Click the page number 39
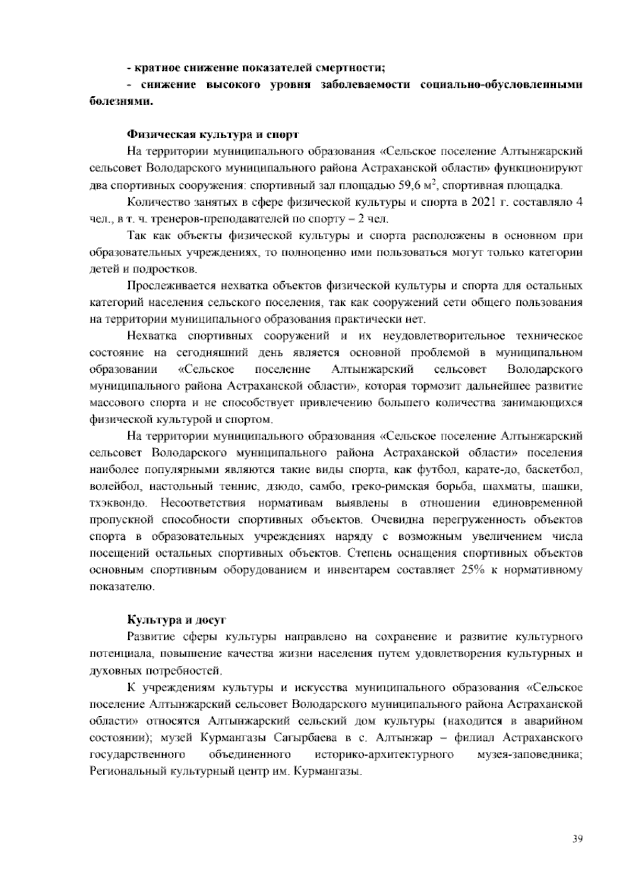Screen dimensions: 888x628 [x=577, y=839]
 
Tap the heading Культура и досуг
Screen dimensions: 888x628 [x=177, y=619]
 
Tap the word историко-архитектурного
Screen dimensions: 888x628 [x=384, y=754]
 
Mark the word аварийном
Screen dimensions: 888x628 [x=556, y=721]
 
